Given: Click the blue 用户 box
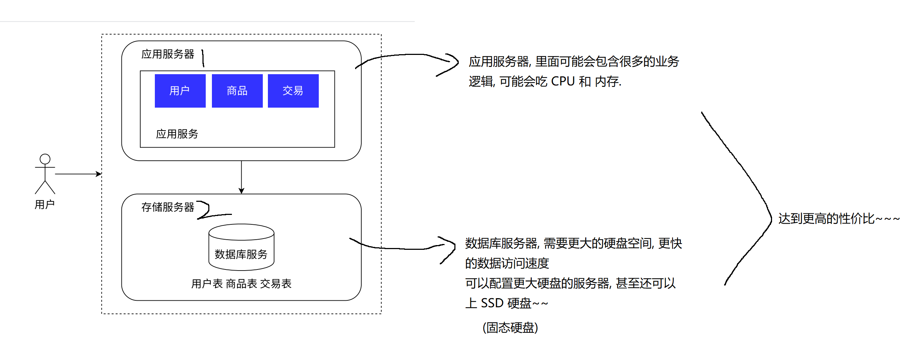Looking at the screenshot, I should coord(180,91).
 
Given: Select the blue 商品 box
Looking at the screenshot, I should coord(237,91).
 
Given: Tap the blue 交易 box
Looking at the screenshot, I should coord(293,91).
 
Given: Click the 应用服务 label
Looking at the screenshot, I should coord(177,134).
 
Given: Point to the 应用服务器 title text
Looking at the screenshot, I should coord(168,54).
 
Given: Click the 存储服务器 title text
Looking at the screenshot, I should coord(168,207).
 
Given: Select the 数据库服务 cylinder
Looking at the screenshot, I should coord(241,247).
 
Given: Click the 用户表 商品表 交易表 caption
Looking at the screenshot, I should coord(241,284).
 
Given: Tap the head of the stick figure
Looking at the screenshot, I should coord(45,159).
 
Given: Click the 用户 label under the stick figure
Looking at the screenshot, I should coord(45,205).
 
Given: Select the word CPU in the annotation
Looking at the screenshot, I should coord(563,81).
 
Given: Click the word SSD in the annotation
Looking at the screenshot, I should coord(492,303).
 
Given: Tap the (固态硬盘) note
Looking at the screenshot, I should coord(510,328).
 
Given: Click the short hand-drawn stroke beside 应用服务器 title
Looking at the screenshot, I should coord(203,58).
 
